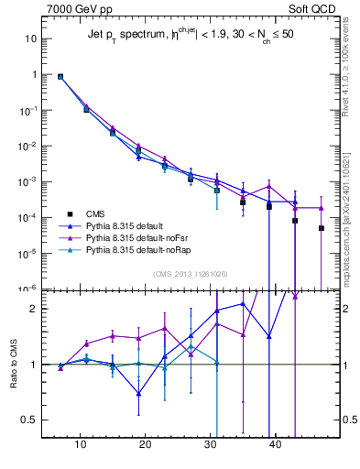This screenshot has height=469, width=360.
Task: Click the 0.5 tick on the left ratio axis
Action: pos(29,420)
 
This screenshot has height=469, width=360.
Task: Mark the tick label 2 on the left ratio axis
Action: pos(33,309)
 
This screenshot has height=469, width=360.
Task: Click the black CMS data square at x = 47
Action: pos(322,228)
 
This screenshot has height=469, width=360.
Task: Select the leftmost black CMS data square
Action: pos(60,77)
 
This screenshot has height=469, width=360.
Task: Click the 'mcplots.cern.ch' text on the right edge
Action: pos(351,220)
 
